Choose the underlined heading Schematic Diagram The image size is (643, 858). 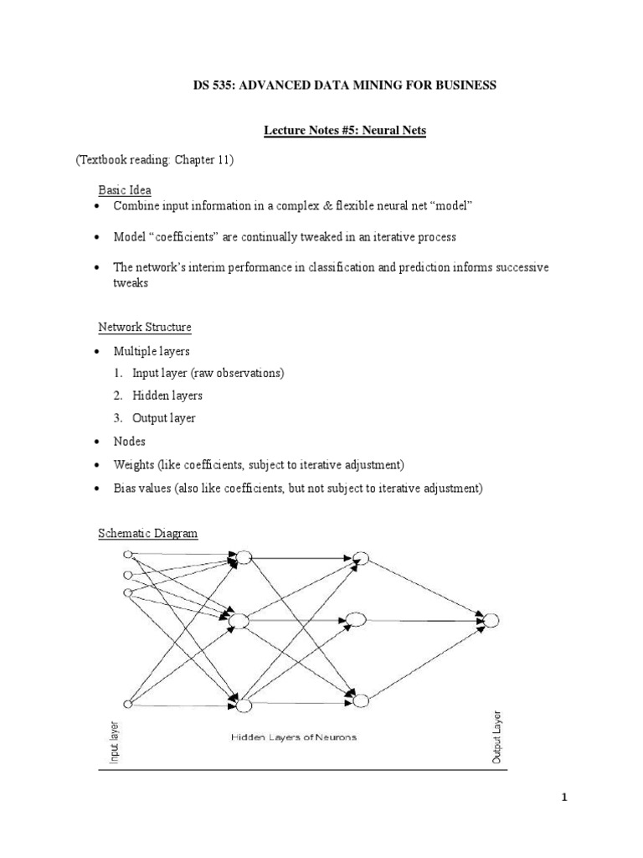pyautogui.click(x=148, y=533)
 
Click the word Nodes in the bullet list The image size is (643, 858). pyautogui.click(x=130, y=441)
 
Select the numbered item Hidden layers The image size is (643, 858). pyautogui.click(x=167, y=395)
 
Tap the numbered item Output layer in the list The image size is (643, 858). pyautogui.click(x=164, y=418)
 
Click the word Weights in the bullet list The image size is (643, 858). pyautogui.click(x=134, y=464)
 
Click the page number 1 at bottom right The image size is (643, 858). pyautogui.click(x=564, y=797)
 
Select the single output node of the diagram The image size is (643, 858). pyautogui.click(x=491, y=621)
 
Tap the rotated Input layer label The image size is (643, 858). pyautogui.click(x=115, y=742)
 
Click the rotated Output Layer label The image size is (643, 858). pyautogui.click(x=496, y=738)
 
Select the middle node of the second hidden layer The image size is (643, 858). pyautogui.click(x=356, y=620)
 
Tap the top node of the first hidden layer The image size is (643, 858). pyautogui.click(x=244, y=557)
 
